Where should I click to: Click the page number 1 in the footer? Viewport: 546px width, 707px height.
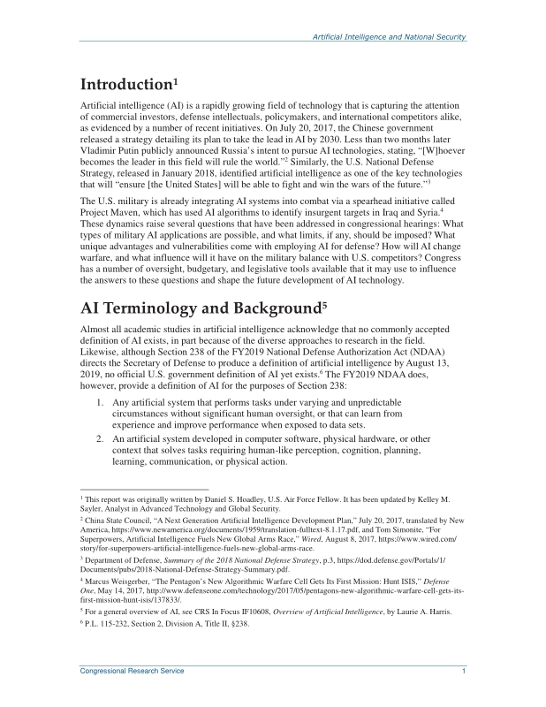(464, 674)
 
